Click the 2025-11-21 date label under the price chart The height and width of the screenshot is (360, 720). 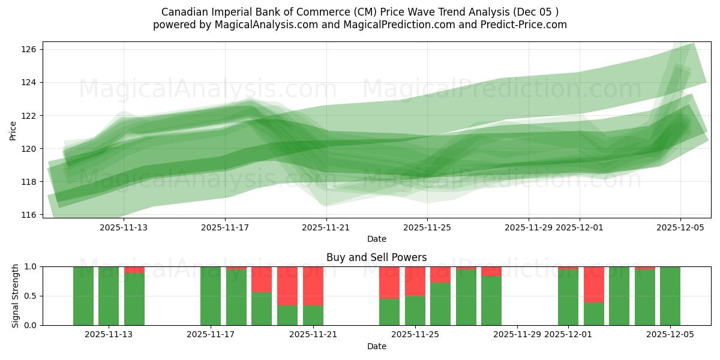click(326, 227)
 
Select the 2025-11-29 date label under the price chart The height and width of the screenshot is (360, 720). click(529, 227)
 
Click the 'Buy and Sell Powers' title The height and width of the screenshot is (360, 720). click(376, 257)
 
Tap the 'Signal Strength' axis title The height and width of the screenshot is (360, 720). click(16, 296)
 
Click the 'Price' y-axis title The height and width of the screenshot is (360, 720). click(13, 130)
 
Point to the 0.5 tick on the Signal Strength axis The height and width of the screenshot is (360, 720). click(30, 296)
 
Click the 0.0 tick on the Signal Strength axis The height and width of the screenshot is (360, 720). click(30, 325)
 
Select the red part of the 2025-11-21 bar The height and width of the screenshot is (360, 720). click(313, 286)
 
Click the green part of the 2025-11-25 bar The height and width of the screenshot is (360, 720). click(415, 311)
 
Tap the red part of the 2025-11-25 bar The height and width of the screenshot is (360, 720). click(415, 281)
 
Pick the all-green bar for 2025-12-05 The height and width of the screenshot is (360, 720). click(670, 296)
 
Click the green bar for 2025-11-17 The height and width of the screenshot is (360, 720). click(211, 296)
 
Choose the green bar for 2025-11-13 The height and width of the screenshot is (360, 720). click(109, 296)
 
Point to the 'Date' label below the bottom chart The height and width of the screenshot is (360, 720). click(376, 346)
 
